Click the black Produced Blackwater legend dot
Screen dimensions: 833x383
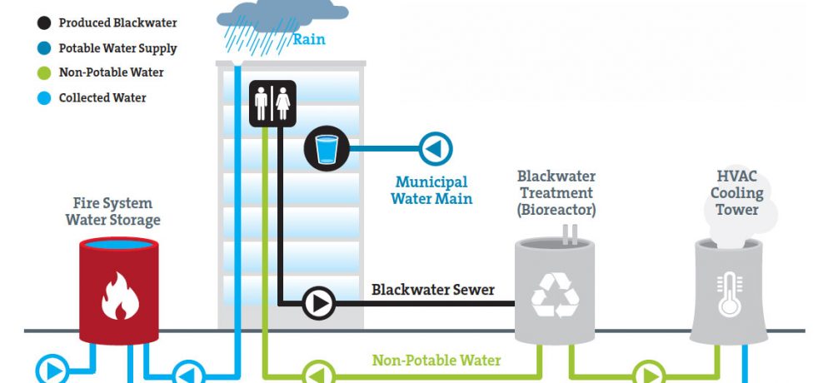pyautogui.click(x=44, y=22)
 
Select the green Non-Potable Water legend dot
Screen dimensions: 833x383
pyautogui.click(x=44, y=72)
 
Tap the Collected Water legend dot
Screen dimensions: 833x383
pyautogui.click(x=44, y=97)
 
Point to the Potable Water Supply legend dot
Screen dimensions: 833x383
pyautogui.click(x=44, y=48)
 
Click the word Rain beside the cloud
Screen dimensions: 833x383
pyautogui.click(x=309, y=40)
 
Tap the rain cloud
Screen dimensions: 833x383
pyautogui.click(x=282, y=15)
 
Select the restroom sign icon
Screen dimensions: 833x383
pyautogui.click(x=272, y=103)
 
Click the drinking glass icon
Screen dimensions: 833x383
pyautogui.click(x=327, y=149)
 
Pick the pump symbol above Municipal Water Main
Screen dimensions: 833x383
pyautogui.click(x=436, y=149)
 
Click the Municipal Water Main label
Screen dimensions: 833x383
pyautogui.click(x=431, y=191)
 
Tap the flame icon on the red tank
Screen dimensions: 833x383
pyautogui.click(x=120, y=296)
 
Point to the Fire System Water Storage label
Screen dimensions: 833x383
pyautogui.click(x=112, y=211)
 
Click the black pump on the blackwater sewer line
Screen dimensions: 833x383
pyautogui.click(x=319, y=303)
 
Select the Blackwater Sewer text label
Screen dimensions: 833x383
pyautogui.click(x=433, y=290)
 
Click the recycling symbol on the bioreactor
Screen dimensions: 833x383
pyautogui.click(x=555, y=296)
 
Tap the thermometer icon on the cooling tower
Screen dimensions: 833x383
pyautogui.click(x=730, y=294)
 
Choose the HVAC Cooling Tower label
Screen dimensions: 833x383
pyautogui.click(x=737, y=193)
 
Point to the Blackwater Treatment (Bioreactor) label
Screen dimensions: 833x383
pyautogui.click(x=556, y=193)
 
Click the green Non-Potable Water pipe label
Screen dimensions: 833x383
pyautogui.click(x=436, y=361)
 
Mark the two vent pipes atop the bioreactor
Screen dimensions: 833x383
pyautogui.click(x=570, y=234)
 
